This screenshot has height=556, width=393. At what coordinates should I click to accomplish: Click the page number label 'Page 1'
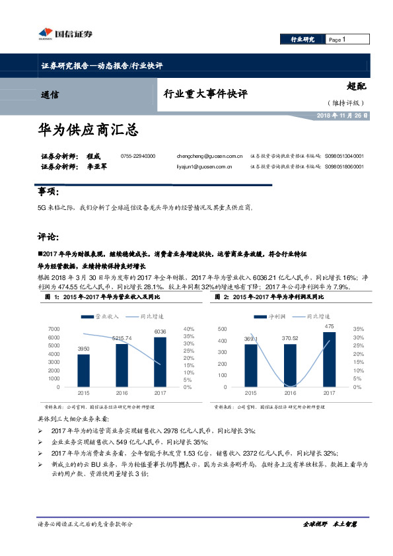(337, 40)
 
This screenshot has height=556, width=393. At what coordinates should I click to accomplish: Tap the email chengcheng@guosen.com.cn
(199, 155)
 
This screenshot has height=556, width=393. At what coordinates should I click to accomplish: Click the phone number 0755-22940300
(138, 155)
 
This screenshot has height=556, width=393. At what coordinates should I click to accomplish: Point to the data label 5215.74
(122, 338)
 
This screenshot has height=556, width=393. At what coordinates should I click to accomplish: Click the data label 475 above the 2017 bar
(329, 327)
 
